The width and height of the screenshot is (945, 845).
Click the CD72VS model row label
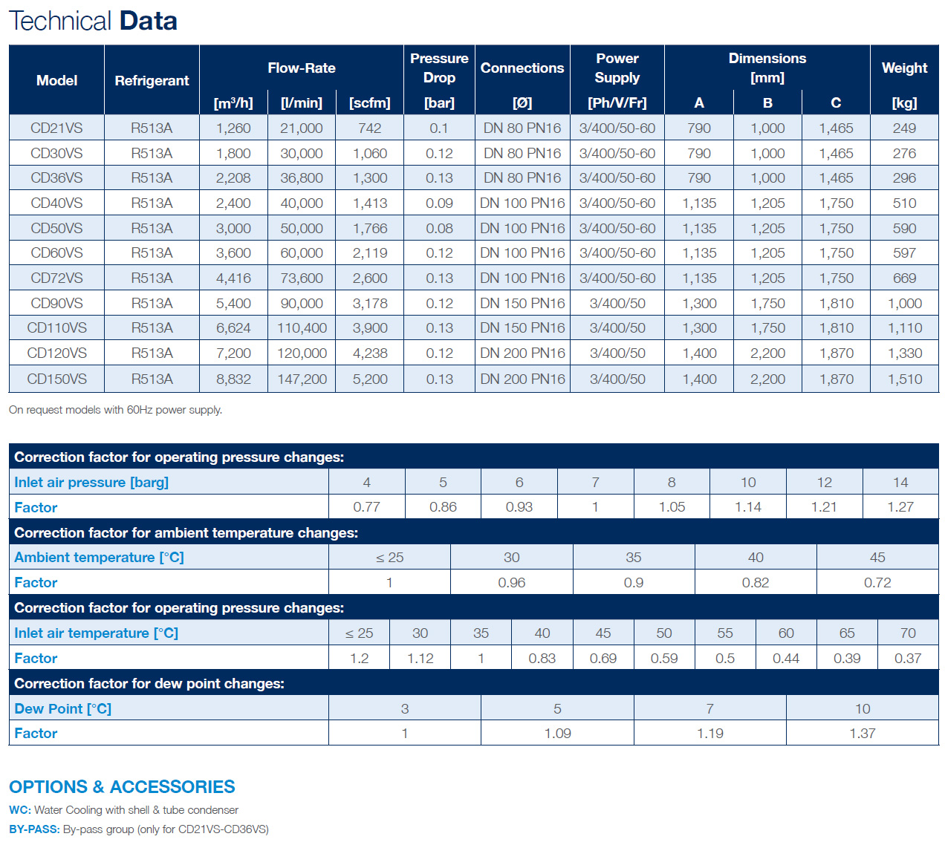pos(56,278)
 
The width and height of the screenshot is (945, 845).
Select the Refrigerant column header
pos(152,81)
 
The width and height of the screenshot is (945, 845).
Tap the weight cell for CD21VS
pos(903,128)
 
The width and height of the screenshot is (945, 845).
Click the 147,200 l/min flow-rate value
pos(302,379)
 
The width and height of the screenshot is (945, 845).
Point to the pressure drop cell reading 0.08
pos(439,228)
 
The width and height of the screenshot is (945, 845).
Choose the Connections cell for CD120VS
pos(522,353)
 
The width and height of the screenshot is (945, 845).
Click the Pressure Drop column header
pos(439,68)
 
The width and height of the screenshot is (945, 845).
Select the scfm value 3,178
pos(369,303)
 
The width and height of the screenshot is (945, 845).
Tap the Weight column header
pos(904,68)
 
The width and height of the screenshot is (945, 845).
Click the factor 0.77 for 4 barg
pos(366,507)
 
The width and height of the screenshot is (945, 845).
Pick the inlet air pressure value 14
pos(900,482)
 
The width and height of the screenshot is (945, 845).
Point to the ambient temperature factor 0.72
pos(877,582)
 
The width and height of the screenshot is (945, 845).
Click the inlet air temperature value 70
pos(908,633)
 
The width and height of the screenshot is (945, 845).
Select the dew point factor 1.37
pos(862,734)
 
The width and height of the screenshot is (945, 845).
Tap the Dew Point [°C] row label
pos(62,709)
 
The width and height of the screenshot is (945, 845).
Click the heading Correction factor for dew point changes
pos(149,684)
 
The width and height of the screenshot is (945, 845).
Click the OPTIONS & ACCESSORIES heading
pos(122,787)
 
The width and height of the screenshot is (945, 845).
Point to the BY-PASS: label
pos(34,829)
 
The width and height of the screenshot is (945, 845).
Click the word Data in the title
pos(149,21)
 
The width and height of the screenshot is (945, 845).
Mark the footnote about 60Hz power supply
pos(115,410)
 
